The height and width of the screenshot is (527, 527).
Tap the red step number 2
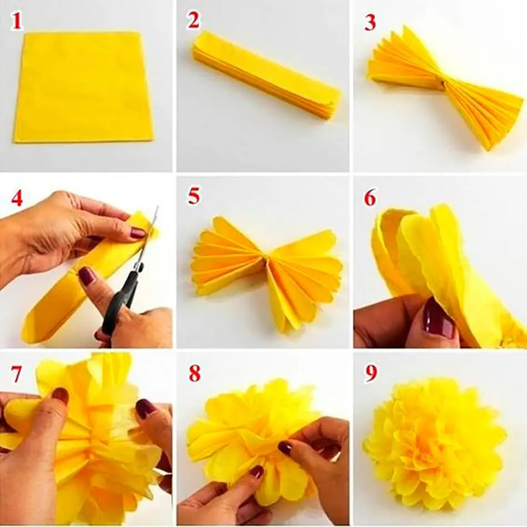pos(193,21)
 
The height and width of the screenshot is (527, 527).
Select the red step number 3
pos(370,22)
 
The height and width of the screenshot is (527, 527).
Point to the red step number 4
pos(17,198)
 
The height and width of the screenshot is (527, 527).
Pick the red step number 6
pos(370,198)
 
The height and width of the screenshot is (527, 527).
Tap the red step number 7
pos(17,374)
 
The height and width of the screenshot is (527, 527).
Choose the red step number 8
pos(194,374)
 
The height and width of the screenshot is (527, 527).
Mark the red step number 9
pos(371,374)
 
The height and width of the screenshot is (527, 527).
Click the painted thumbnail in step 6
pos(438,319)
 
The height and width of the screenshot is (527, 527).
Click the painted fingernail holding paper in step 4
pos(138,233)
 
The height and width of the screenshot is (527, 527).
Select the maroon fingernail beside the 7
pos(60,395)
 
